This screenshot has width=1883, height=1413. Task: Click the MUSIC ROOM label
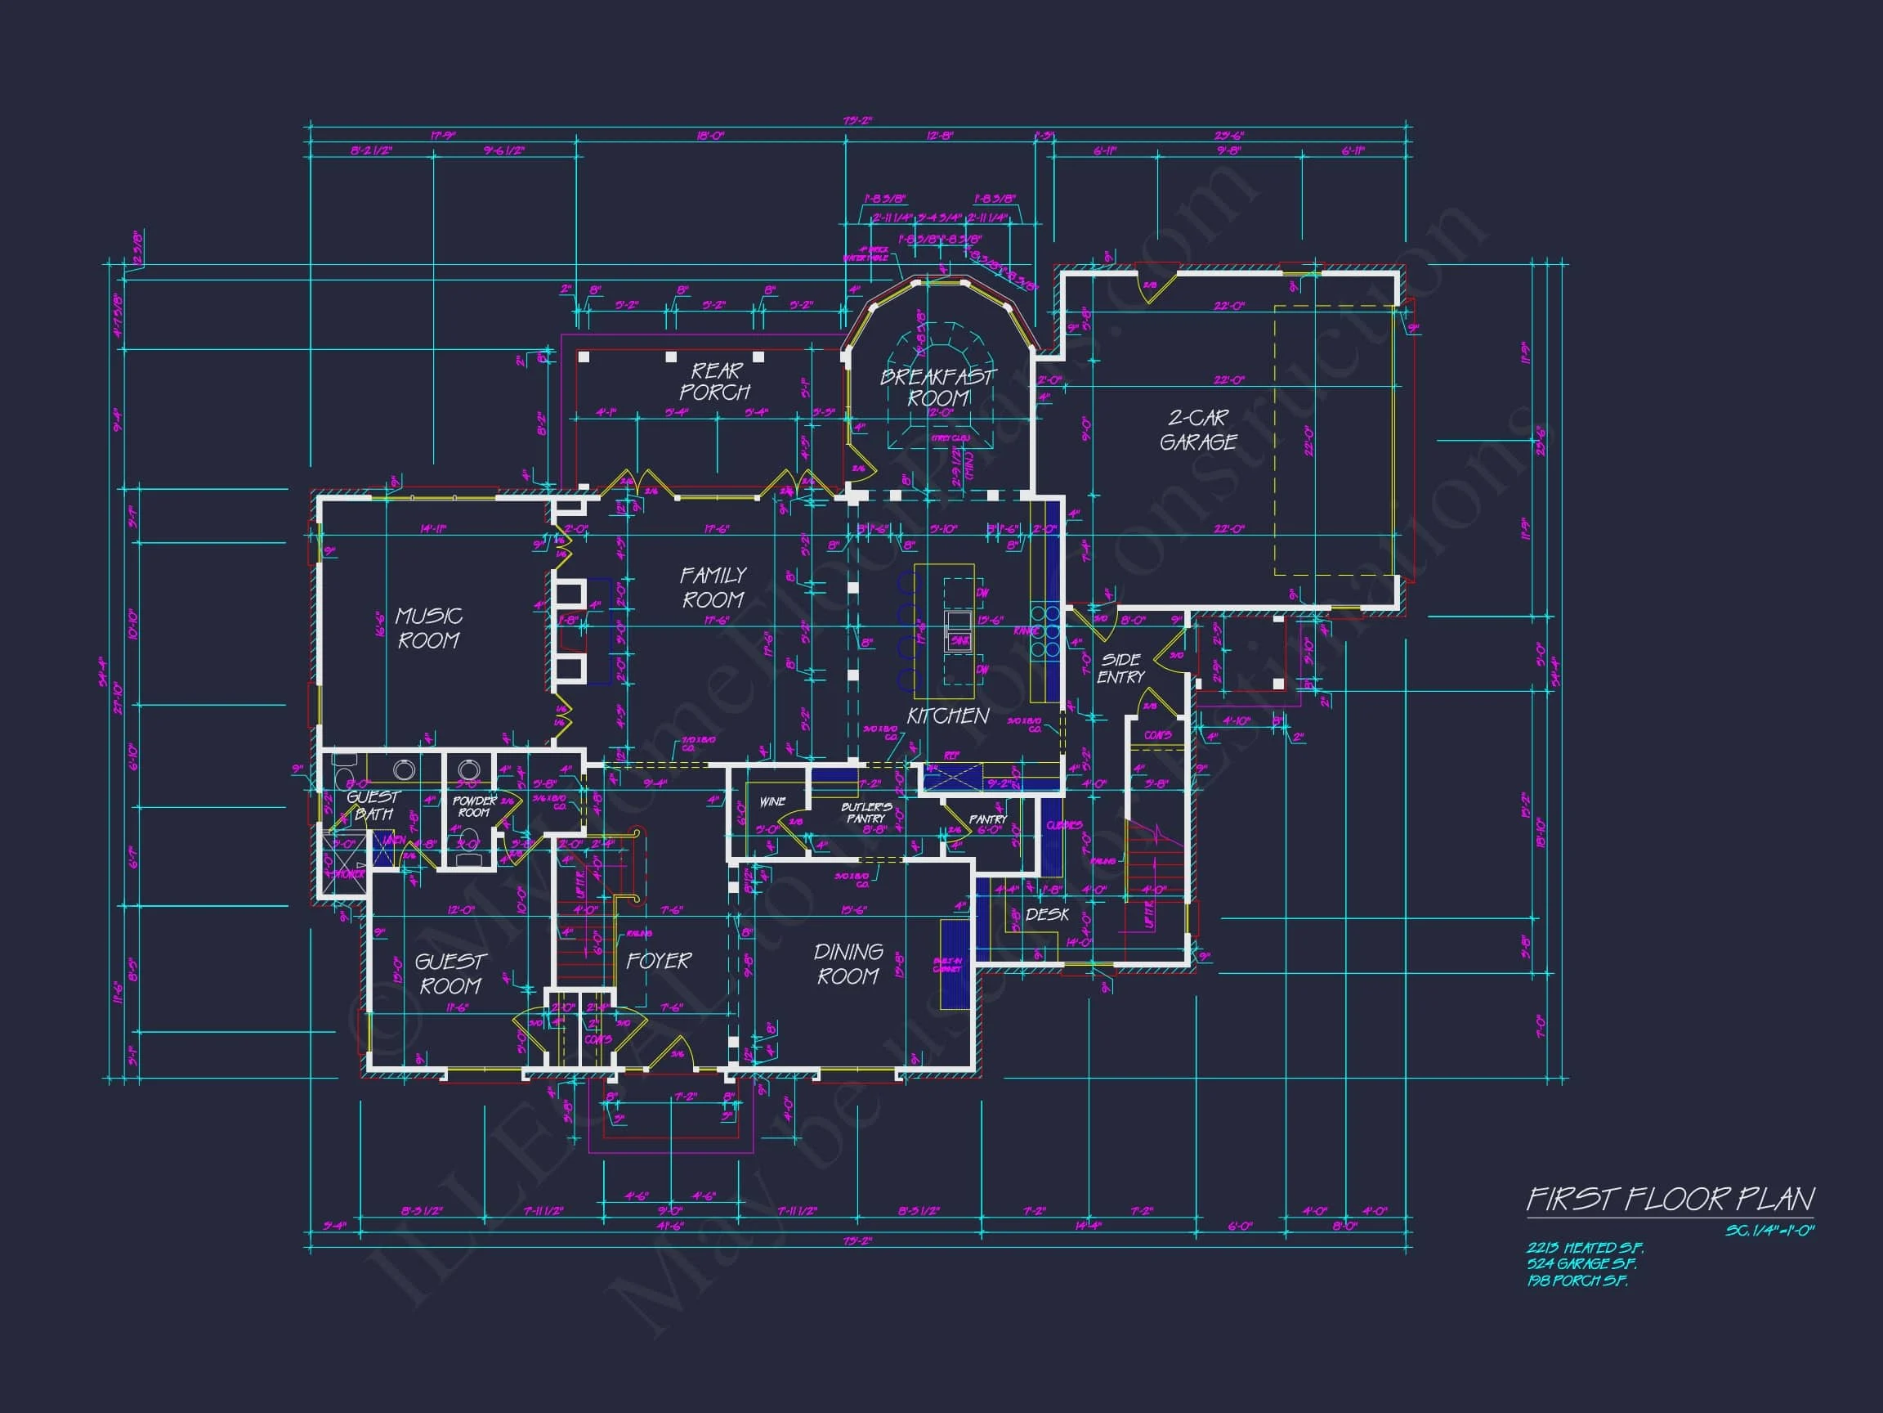(x=429, y=628)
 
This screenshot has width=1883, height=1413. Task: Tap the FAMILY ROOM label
(x=713, y=588)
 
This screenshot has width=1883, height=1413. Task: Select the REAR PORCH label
(x=715, y=382)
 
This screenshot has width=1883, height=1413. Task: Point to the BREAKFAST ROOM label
(x=938, y=388)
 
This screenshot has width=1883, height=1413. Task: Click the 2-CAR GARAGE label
(x=1199, y=430)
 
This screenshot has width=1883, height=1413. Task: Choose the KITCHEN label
(x=947, y=716)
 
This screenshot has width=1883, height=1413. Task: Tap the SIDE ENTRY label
(x=1120, y=669)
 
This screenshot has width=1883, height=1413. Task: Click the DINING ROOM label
(x=848, y=964)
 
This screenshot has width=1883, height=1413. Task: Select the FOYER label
(x=659, y=961)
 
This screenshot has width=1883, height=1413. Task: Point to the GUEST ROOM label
(x=450, y=974)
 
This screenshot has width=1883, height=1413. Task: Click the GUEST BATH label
(x=373, y=805)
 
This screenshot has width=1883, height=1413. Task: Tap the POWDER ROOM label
(x=474, y=806)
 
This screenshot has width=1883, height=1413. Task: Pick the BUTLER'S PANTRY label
(x=865, y=813)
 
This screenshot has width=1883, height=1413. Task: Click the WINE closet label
(x=772, y=801)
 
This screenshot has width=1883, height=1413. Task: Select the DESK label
(x=1047, y=915)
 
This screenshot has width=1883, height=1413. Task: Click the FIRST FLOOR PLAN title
(x=1671, y=1200)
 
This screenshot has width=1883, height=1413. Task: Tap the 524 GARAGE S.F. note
(x=1581, y=1264)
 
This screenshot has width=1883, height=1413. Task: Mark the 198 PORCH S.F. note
(x=1577, y=1281)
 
